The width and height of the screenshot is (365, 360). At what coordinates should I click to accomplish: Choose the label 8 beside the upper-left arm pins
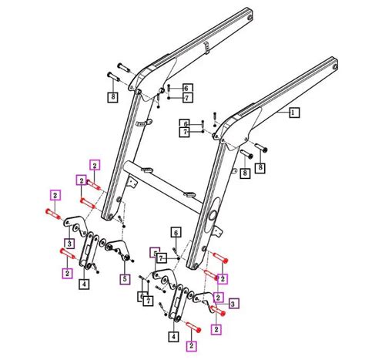[x=112, y=96]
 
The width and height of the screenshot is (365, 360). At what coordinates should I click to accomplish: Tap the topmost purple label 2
[x=94, y=165]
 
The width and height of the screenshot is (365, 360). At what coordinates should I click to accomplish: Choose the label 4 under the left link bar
[x=84, y=283]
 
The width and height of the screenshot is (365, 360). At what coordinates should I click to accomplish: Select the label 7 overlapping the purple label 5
[x=162, y=257]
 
